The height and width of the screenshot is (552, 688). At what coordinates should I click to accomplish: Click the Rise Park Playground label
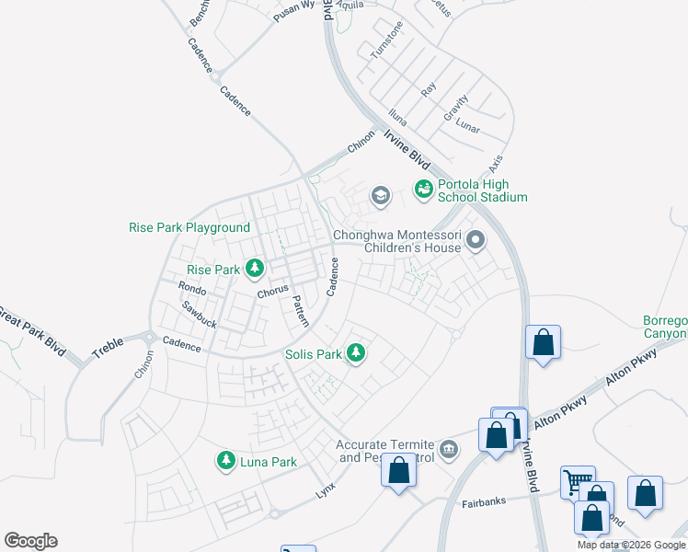189,227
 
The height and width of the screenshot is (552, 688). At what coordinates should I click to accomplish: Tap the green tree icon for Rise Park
255,270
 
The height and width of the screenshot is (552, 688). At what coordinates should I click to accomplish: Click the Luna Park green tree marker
225,461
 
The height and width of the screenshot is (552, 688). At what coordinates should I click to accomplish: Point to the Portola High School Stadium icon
423,189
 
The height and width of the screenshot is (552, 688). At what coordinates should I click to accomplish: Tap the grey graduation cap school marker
379,195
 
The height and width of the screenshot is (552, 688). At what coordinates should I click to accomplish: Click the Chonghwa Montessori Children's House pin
475,241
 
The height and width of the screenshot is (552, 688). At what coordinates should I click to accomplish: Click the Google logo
31,541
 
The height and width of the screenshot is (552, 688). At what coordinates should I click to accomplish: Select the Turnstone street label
386,40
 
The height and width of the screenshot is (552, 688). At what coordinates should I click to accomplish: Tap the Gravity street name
456,109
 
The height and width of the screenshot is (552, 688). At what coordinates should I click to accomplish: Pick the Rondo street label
192,289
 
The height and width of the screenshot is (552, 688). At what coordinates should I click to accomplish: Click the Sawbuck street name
199,316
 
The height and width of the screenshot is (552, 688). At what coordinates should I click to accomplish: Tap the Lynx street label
327,484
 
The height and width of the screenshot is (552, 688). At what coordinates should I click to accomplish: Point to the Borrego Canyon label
664,327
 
